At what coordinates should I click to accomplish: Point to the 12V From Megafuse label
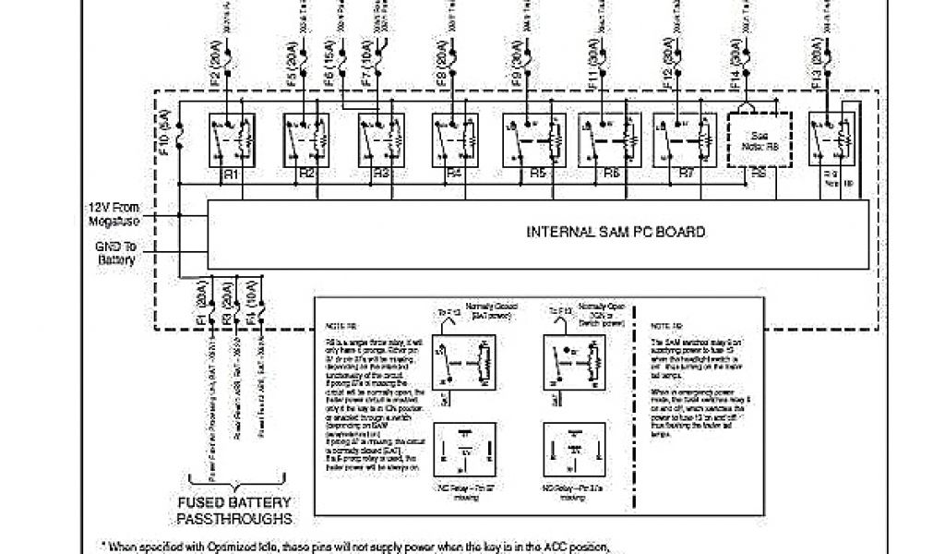113,214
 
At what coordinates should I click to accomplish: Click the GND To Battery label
115,253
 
